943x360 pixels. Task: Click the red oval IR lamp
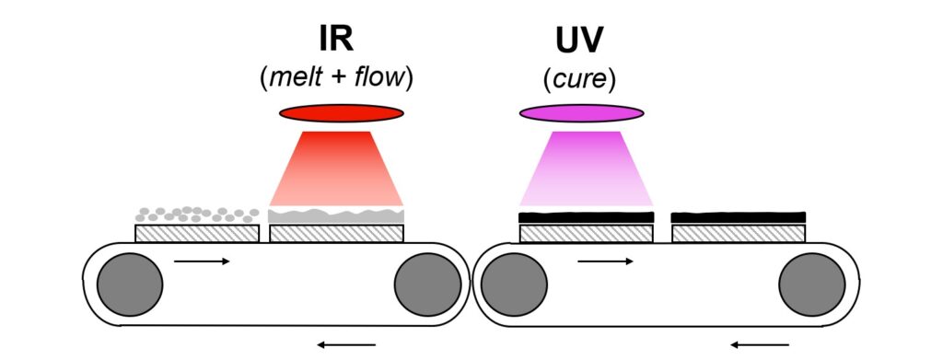pyautogui.click(x=341, y=113)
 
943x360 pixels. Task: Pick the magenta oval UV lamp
pyautogui.click(x=582, y=113)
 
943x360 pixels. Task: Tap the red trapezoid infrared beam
pyautogui.click(x=336, y=168)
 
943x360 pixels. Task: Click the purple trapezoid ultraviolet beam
pyautogui.click(x=586, y=168)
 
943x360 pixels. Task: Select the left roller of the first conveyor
pyautogui.click(x=130, y=285)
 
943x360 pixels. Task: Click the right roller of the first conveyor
pyautogui.click(x=427, y=285)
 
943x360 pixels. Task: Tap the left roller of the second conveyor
pyautogui.click(x=514, y=285)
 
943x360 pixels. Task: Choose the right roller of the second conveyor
pyautogui.click(x=812, y=285)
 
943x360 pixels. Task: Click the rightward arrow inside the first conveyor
pyautogui.click(x=202, y=261)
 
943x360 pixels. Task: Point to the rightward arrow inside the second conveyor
pyautogui.click(x=605, y=261)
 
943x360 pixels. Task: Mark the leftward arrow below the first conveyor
pyautogui.click(x=346, y=345)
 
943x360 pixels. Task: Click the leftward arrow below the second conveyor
pyautogui.click(x=760, y=345)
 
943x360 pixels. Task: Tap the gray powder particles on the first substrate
pyautogui.click(x=197, y=215)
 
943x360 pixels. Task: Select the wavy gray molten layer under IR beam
pyautogui.click(x=336, y=216)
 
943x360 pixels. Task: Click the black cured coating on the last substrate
pyautogui.click(x=739, y=217)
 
